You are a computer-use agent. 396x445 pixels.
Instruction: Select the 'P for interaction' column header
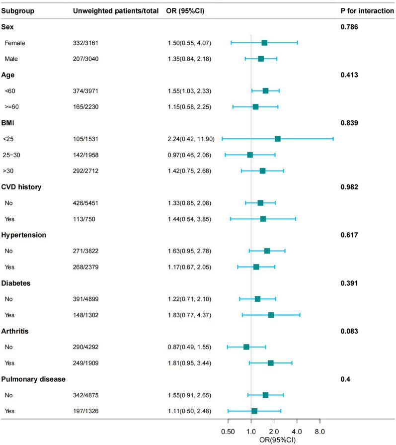364,10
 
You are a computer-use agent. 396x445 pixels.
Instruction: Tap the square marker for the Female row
264,43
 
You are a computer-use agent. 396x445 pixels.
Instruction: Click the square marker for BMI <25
278,139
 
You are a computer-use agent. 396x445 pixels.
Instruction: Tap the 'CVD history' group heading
22,187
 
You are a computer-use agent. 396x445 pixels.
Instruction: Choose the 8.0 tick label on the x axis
319,431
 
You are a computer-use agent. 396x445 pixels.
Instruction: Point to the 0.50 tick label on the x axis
228,431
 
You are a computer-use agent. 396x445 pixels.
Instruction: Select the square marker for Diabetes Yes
271,315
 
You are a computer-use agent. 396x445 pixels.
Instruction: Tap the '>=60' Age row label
12,107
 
